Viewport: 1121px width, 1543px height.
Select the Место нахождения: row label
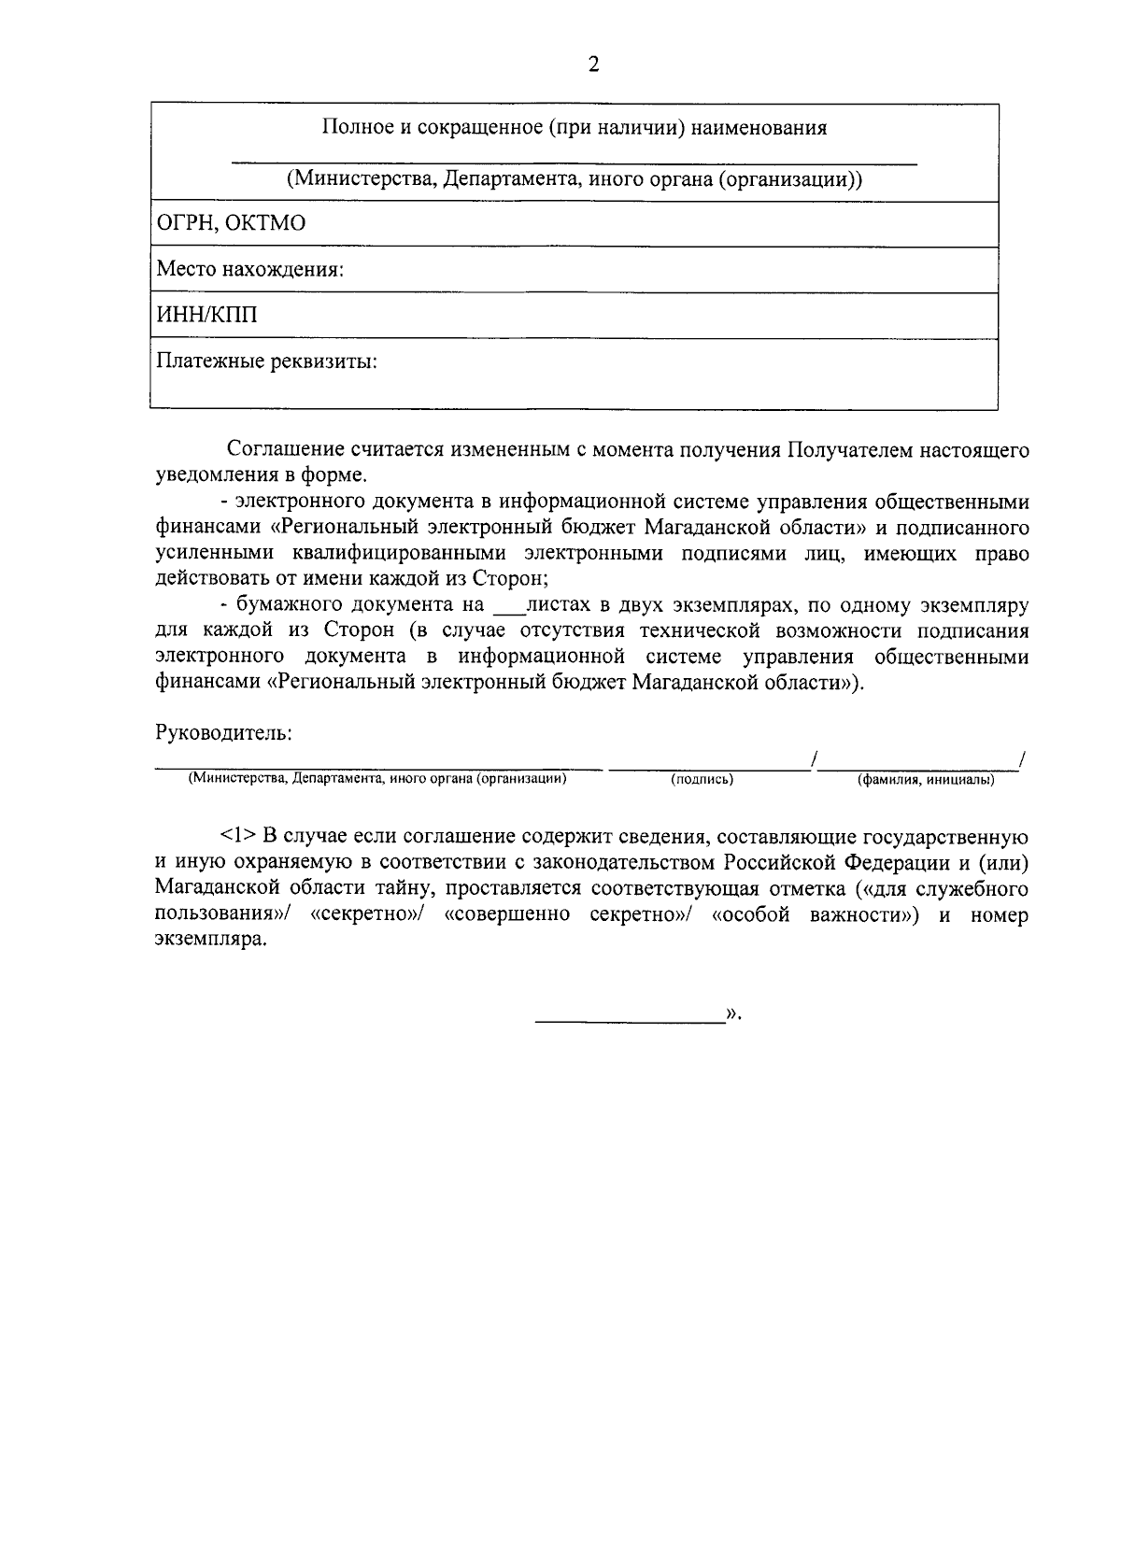250,270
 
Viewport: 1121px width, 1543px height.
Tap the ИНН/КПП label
206,316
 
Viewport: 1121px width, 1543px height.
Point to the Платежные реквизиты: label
266,361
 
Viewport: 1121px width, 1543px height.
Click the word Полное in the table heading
353,128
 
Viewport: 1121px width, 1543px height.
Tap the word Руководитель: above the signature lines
223,732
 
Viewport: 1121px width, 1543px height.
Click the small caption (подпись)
702,779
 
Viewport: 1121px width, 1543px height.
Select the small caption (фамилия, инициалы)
925,779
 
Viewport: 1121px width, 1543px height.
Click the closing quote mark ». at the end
732,1012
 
